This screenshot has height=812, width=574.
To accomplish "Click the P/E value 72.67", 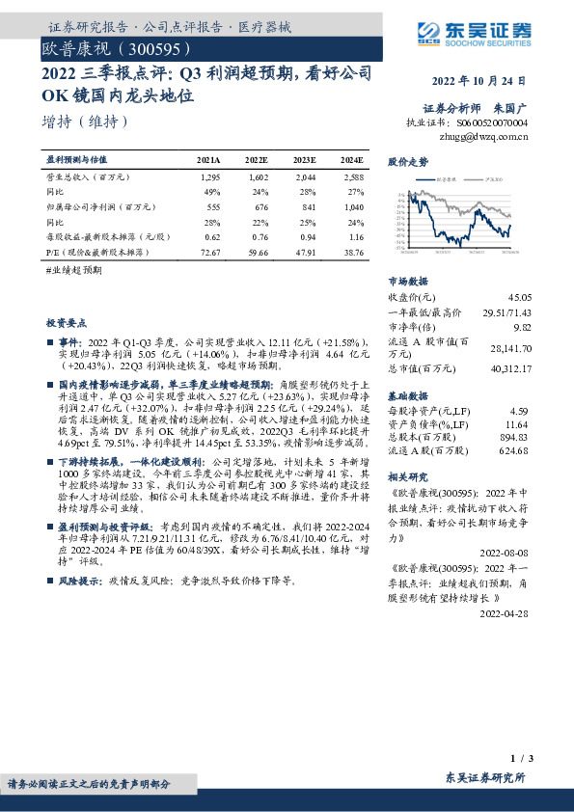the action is point(209,250).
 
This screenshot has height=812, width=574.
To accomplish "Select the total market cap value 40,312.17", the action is point(508,368).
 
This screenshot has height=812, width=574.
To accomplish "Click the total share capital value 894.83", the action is point(517,438).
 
